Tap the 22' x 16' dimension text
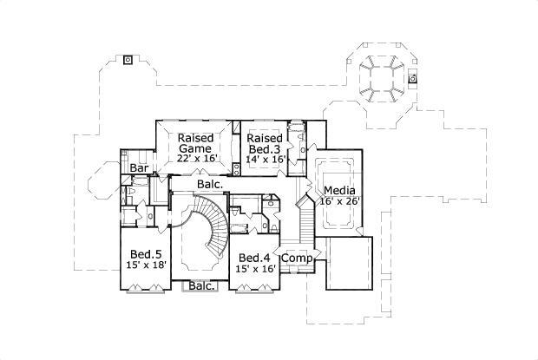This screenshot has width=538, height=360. point(195,159)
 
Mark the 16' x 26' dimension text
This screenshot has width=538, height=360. point(340,201)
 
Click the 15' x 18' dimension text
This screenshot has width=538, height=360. point(145,265)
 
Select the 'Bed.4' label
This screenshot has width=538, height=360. point(255,259)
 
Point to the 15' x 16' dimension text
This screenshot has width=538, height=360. point(256,270)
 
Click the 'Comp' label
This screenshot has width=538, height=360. point(298,259)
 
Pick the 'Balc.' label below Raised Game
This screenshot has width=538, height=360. point(208,184)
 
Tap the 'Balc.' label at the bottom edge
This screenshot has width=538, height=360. point(201,285)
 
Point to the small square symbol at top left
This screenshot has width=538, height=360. point(128,60)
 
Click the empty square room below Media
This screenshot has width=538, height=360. point(350,262)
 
